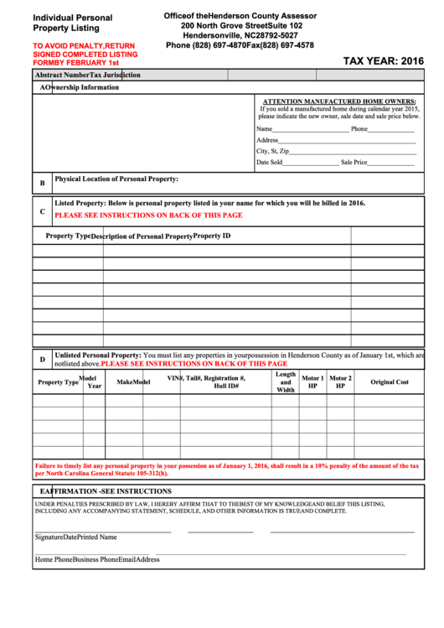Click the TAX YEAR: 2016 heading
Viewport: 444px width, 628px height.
(x=384, y=61)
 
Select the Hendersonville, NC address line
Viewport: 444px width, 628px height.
(x=240, y=36)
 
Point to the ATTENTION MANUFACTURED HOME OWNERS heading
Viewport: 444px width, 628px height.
(x=340, y=101)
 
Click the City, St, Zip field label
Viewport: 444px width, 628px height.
(x=272, y=151)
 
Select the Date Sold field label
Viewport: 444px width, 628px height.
(x=269, y=163)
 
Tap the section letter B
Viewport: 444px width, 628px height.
(x=42, y=183)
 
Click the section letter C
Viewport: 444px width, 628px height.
(x=42, y=211)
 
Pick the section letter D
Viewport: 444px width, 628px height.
(x=42, y=360)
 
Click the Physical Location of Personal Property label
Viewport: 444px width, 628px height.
(x=116, y=179)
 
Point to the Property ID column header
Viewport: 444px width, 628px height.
(x=212, y=236)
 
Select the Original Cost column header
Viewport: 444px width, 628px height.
(x=390, y=382)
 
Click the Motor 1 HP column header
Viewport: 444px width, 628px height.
(x=312, y=382)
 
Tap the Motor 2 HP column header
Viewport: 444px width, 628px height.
(x=340, y=382)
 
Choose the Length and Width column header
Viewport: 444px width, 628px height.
(x=286, y=382)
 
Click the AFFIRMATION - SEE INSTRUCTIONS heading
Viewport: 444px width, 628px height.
(x=106, y=490)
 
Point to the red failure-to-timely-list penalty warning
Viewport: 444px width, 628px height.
(x=227, y=470)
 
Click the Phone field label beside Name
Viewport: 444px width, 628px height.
(x=359, y=129)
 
